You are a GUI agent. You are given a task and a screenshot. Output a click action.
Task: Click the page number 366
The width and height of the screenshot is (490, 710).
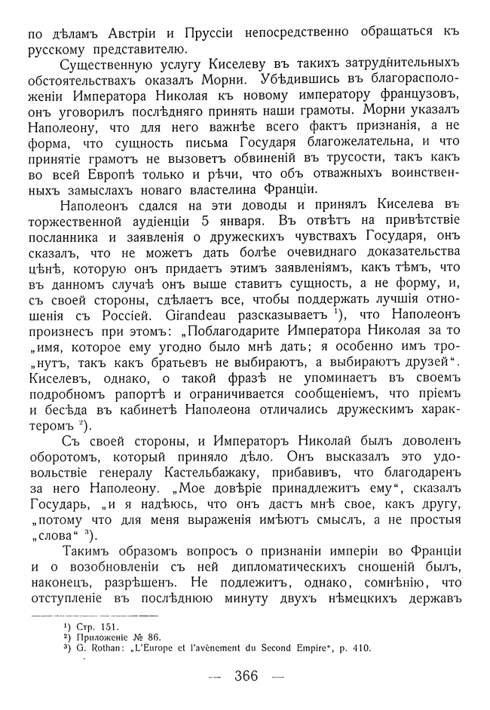pyautogui.click(x=247, y=676)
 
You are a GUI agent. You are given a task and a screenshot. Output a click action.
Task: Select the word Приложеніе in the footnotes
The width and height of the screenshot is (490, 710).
pyautogui.click(x=106, y=637)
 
